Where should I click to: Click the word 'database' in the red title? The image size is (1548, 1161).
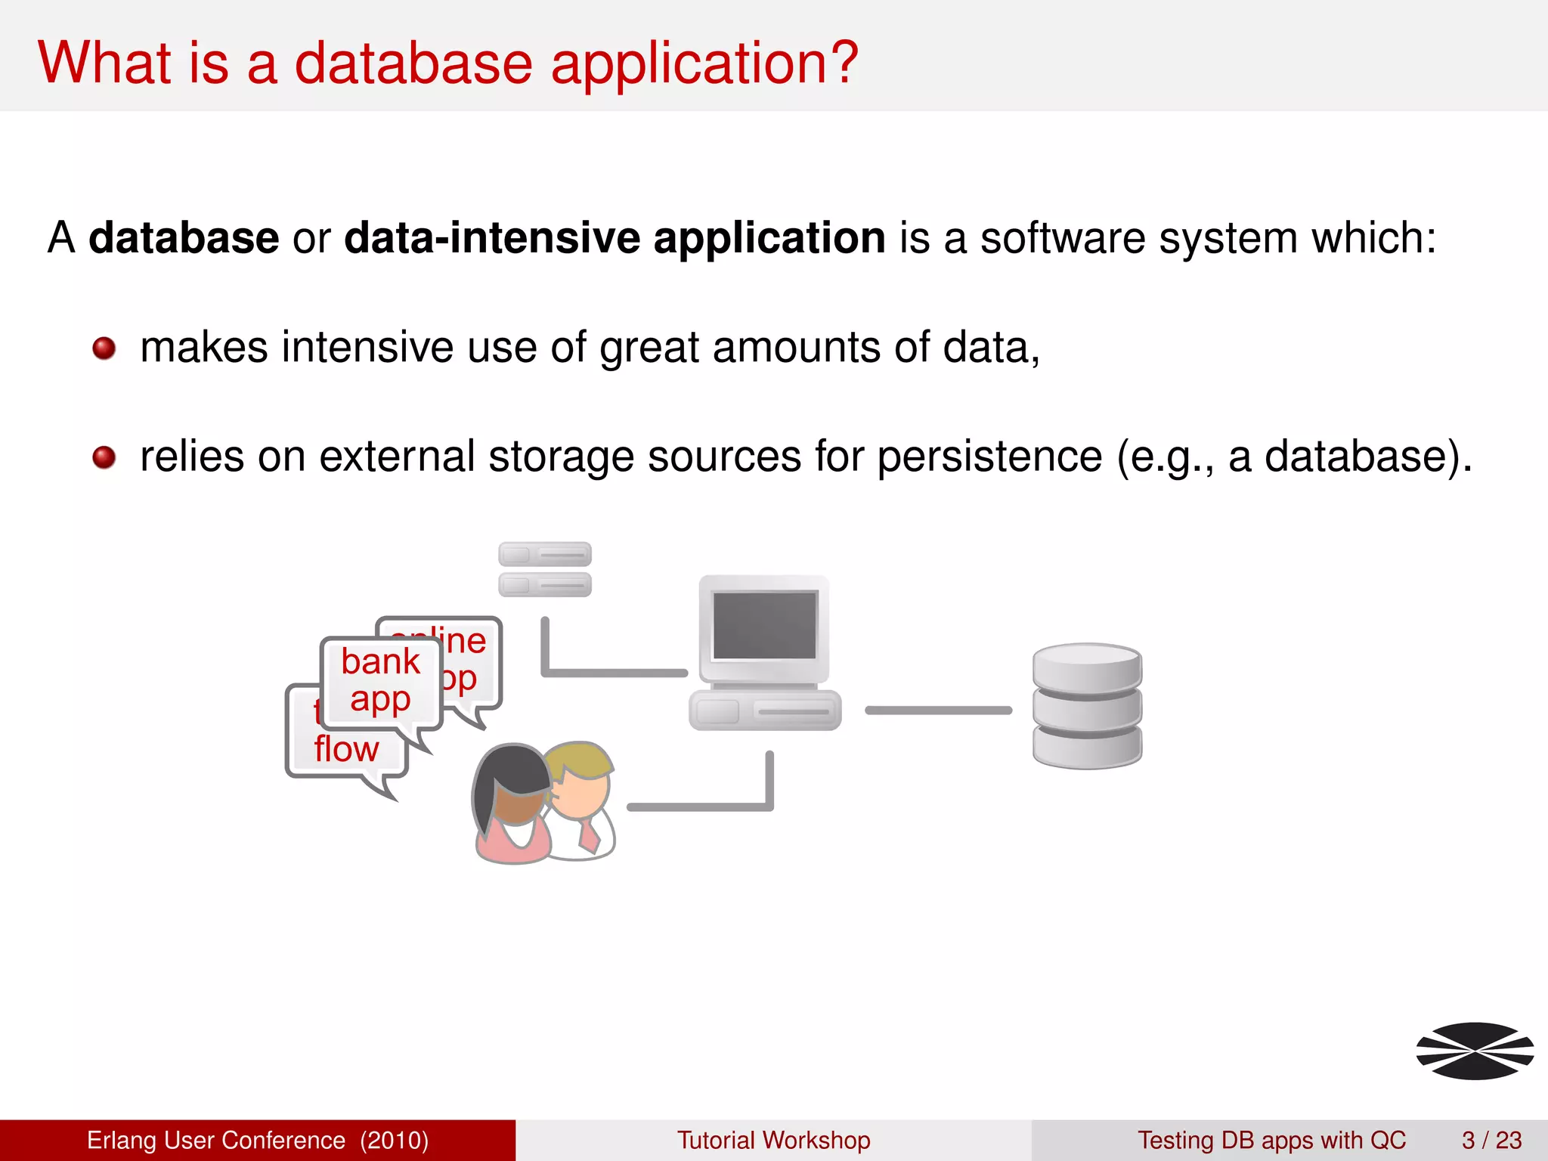click(x=413, y=63)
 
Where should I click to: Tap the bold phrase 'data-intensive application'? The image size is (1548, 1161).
click(x=614, y=238)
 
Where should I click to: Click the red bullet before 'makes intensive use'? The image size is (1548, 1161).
click(x=104, y=348)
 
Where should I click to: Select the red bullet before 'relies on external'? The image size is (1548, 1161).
click(x=104, y=457)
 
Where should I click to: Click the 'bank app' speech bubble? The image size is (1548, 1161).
click(x=380, y=681)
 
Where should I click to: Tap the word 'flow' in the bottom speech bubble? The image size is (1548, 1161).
click(x=346, y=750)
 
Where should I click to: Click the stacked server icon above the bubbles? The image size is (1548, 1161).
click(x=544, y=569)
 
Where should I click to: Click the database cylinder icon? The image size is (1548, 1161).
click(x=1087, y=706)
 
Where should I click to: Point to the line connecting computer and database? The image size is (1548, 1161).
click(x=938, y=711)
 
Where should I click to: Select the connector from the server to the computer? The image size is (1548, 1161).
click(x=612, y=672)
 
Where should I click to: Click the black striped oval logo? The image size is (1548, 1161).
click(x=1475, y=1051)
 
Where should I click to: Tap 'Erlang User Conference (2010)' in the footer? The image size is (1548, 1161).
click(x=258, y=1140)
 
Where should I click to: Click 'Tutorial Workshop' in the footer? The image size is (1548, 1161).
click(x=773, y=1140)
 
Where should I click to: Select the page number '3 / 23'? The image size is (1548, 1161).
click(x=1491, y=1140)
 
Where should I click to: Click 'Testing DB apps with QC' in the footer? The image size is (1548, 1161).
click(x=1271, y=1140)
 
